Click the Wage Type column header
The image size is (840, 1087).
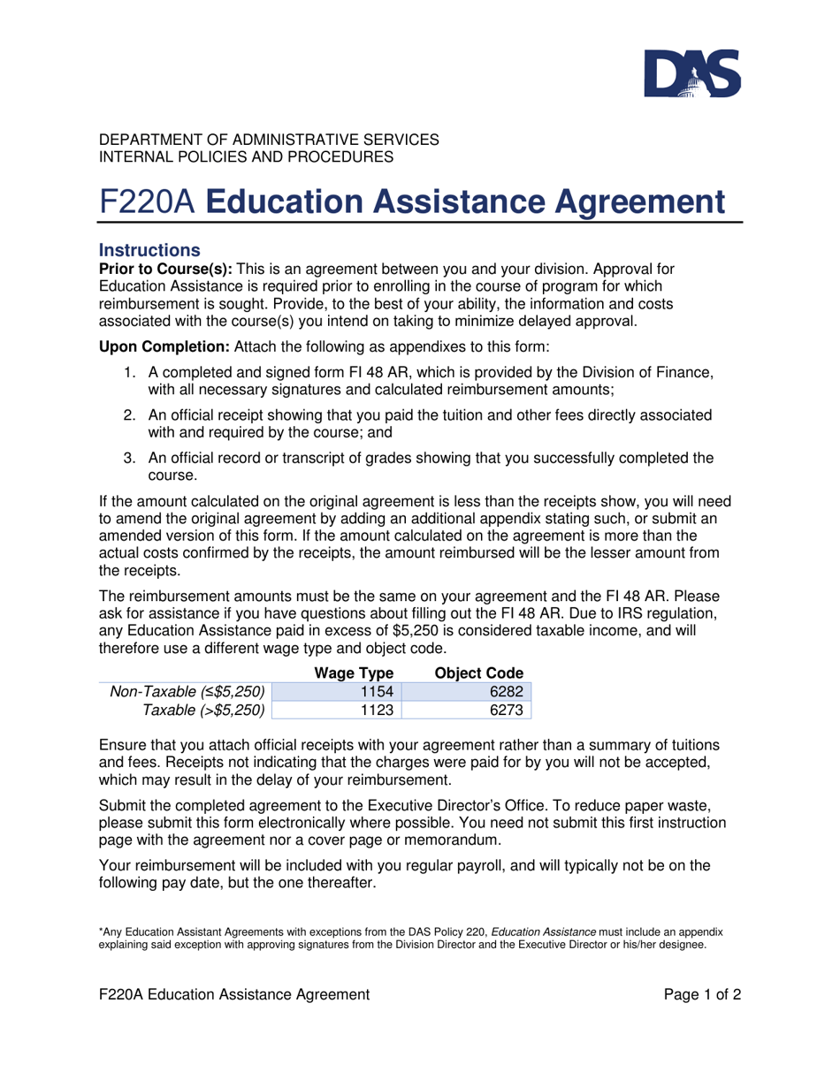pos(354,673)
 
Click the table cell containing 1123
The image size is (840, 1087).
pos(339,709)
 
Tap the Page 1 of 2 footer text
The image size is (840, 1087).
pos(702,994)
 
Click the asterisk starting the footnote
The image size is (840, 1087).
pos(101,931)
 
